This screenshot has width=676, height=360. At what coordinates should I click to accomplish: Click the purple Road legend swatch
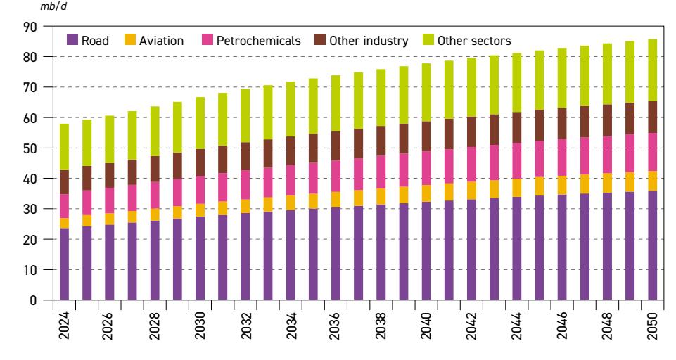72,40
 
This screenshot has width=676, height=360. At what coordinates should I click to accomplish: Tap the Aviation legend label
161,41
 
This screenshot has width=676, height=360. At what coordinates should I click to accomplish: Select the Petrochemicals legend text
259,41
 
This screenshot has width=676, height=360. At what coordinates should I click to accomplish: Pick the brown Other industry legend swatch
320,40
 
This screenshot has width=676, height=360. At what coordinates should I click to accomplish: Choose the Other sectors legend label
474,41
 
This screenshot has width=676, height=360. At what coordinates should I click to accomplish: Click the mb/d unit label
53,6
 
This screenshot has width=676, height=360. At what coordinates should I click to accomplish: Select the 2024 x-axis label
64,326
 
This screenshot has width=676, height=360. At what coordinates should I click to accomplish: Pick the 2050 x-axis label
652,326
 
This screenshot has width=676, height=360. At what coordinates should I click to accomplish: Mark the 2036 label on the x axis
336,326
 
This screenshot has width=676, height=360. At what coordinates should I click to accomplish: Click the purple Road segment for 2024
64,264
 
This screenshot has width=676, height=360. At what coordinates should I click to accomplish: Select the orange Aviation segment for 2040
426,193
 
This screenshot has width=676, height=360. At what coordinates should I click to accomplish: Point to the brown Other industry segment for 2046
562,123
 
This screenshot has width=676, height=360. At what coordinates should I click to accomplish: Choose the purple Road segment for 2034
291,255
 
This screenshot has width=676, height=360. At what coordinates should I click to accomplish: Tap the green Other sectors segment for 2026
110,139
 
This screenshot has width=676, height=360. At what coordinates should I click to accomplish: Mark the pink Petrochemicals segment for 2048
608,155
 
